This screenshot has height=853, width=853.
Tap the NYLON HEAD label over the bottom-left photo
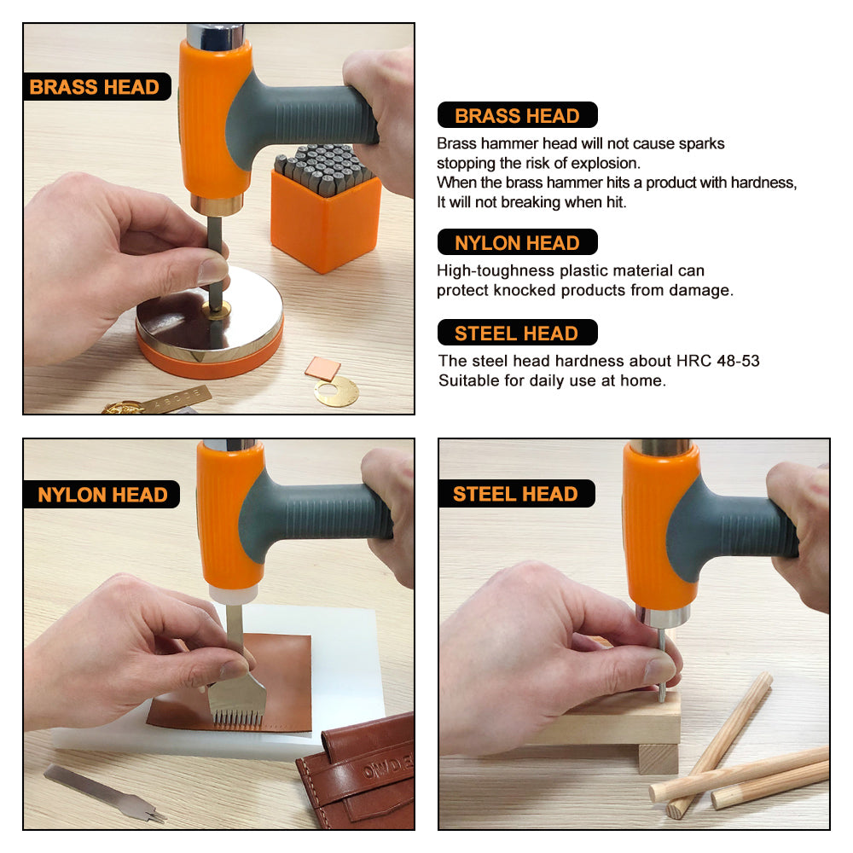tap(102, 495)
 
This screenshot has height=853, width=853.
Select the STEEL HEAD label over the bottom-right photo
tap(516, 493)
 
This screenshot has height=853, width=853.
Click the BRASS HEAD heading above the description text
tap(518, 115)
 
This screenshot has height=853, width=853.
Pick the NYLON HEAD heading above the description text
tap(518, 242)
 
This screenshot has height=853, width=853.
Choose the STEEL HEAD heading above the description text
tap(518, 333)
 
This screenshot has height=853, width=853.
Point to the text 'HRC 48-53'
tap(717, 361)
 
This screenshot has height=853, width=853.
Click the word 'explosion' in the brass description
tap(605, 163)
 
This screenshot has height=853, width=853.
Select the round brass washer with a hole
tap(336, 391)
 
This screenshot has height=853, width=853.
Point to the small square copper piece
tap(322, 368)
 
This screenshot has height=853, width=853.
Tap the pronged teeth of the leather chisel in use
tap(238, 718)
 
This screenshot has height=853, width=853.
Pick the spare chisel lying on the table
tap(104, 792)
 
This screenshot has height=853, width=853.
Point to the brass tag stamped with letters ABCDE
tap(174, 400)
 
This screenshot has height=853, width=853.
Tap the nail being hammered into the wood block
tap(662, 664)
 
